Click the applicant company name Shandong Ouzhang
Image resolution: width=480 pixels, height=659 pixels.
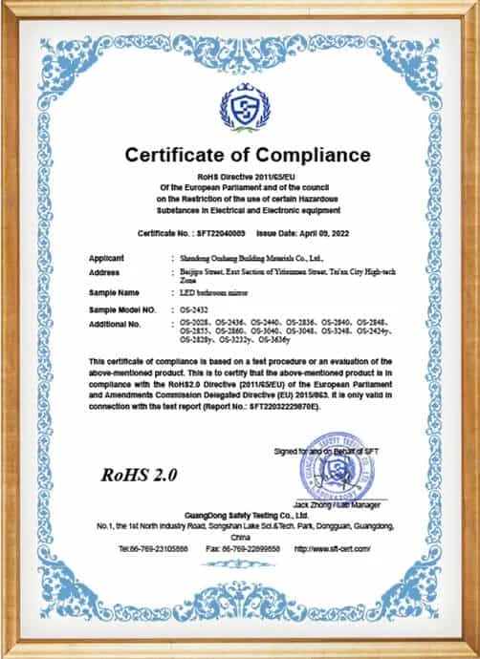point(251,259)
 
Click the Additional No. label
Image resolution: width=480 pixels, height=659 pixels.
point(115,324)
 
